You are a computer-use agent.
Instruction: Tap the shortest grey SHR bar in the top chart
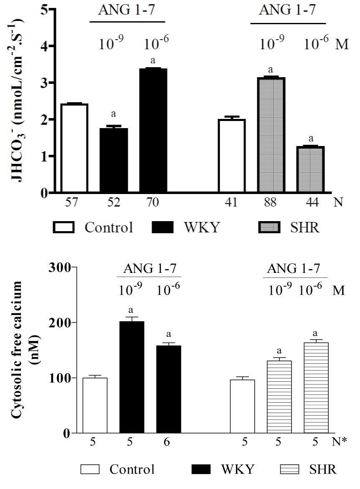[311, 169]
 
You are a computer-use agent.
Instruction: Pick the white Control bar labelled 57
[74, 148]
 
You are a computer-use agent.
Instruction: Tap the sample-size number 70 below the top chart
[153, 203]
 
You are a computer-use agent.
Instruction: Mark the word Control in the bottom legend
[132, 469]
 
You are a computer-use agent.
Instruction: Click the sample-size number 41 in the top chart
[231, 203]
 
